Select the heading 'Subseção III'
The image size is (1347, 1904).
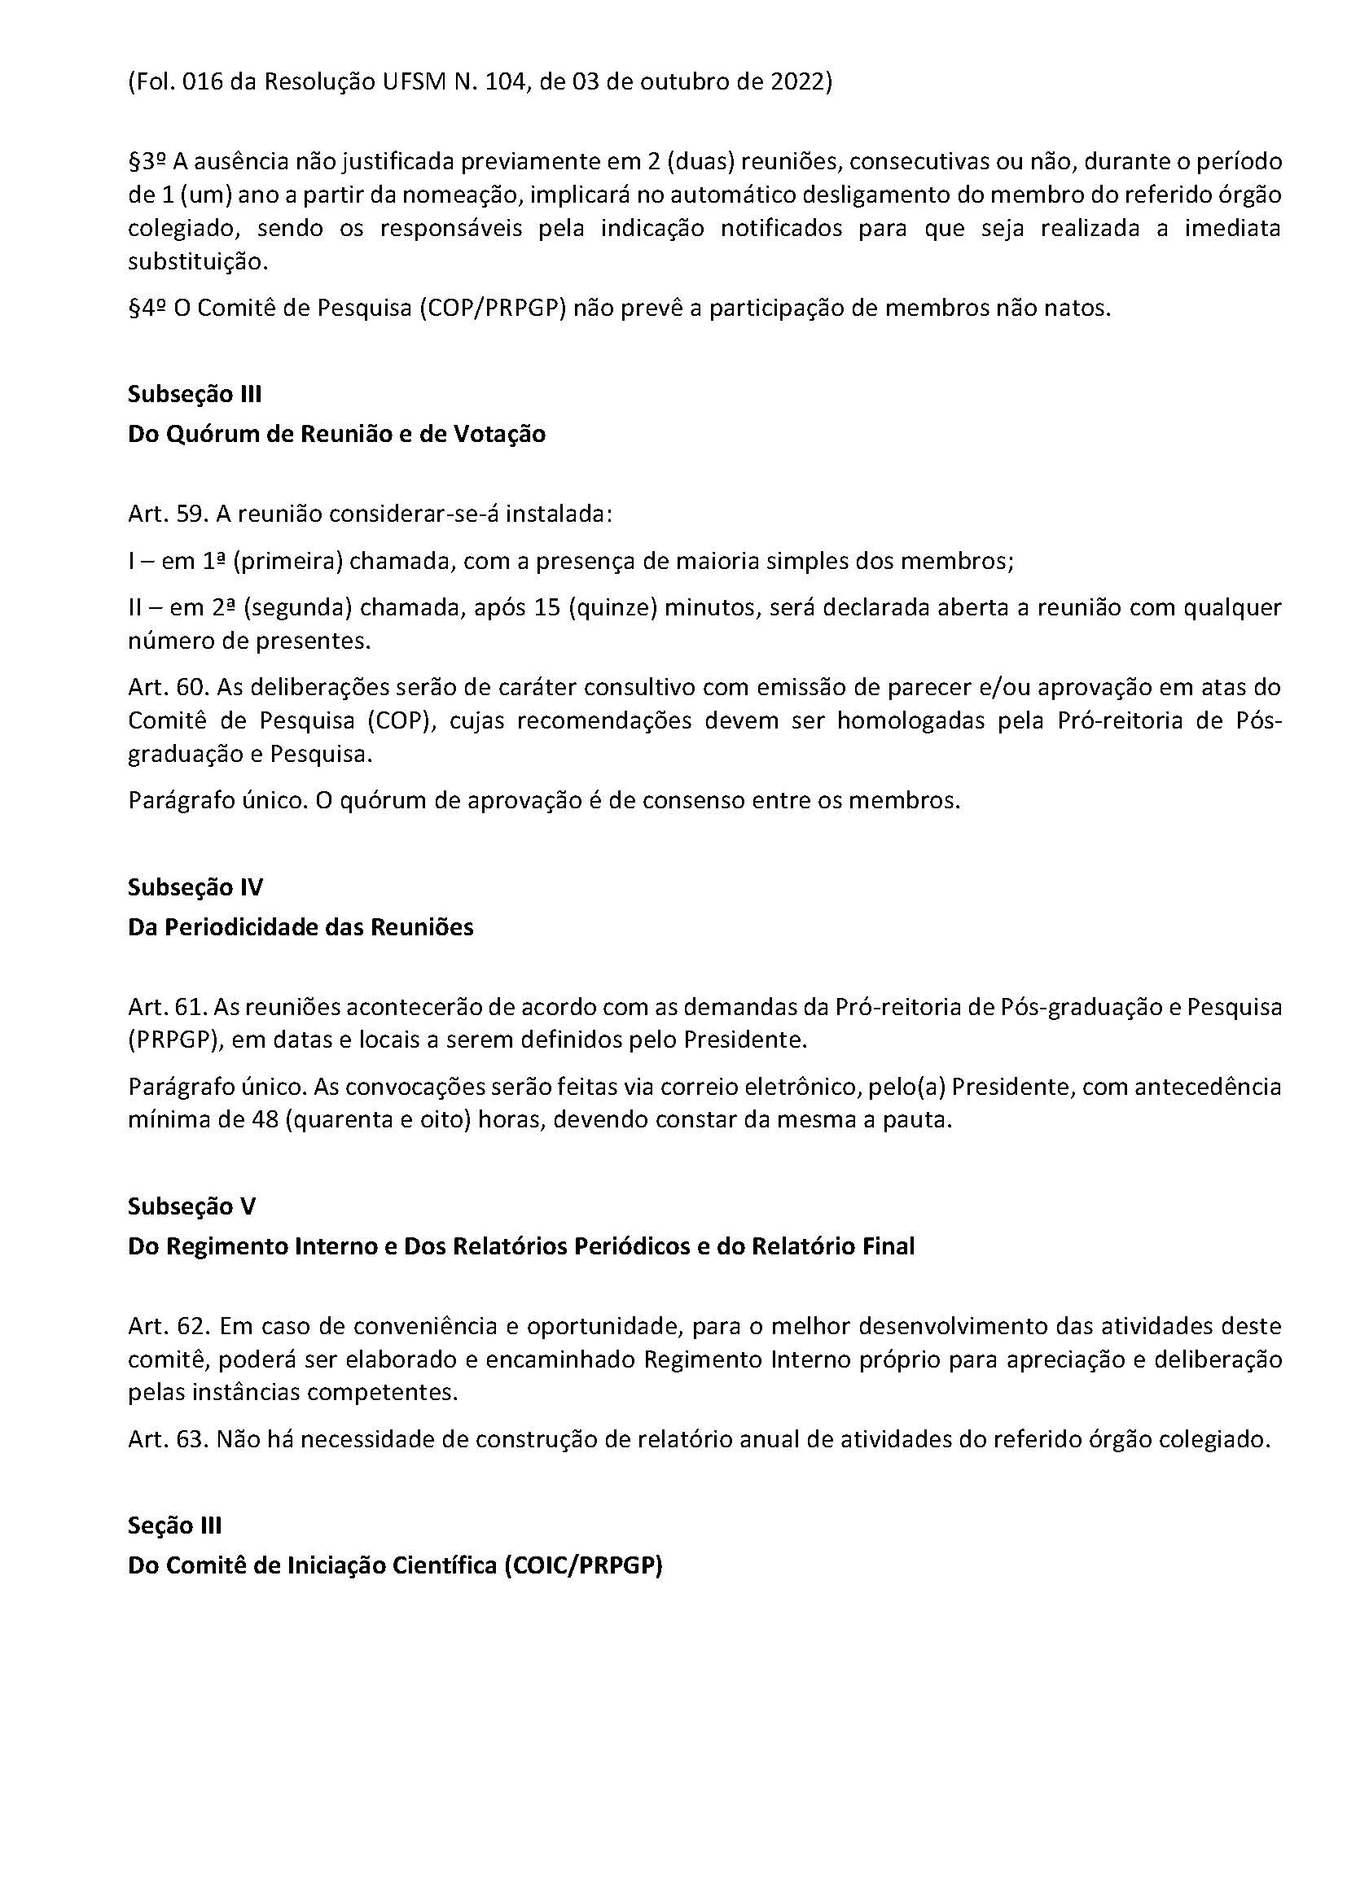195,394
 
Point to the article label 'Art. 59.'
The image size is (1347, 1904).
168,514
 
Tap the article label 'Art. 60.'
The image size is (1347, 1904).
169,688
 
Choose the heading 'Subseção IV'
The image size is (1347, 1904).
195,887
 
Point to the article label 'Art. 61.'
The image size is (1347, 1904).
168,1008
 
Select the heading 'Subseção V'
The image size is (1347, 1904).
191,1206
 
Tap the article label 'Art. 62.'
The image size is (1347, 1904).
169,1327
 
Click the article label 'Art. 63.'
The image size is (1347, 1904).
168,1438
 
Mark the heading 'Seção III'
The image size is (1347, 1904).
174,1525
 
